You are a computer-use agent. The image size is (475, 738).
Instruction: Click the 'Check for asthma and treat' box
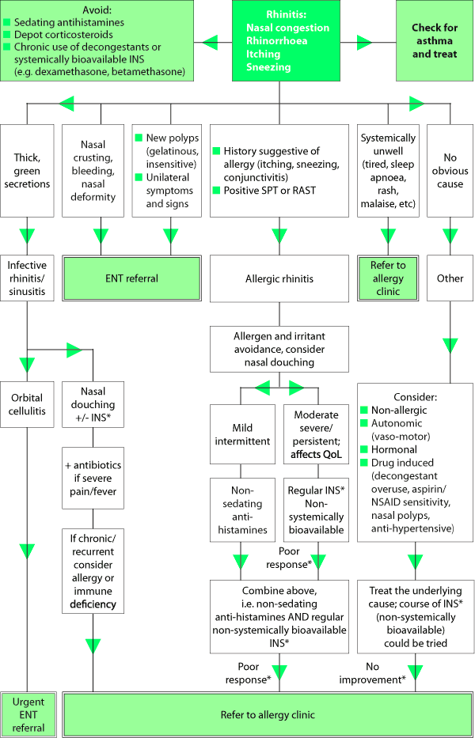(434, 41)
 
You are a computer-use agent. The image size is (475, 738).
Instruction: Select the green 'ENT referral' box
(131, 278)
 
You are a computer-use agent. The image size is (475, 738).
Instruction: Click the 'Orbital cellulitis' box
(28, 403)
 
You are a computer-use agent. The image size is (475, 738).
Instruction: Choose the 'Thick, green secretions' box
(28, 170)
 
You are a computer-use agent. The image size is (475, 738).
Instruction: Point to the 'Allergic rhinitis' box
(279, 278)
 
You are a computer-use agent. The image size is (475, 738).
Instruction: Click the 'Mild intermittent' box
(241, 433)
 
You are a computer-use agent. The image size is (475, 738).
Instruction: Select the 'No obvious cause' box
(450, 170)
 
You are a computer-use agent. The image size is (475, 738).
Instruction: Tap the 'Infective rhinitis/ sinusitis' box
(28, 278)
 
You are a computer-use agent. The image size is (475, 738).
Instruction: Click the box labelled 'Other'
(450, 278)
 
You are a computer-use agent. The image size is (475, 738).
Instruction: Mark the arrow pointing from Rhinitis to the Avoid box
(210, 41)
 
